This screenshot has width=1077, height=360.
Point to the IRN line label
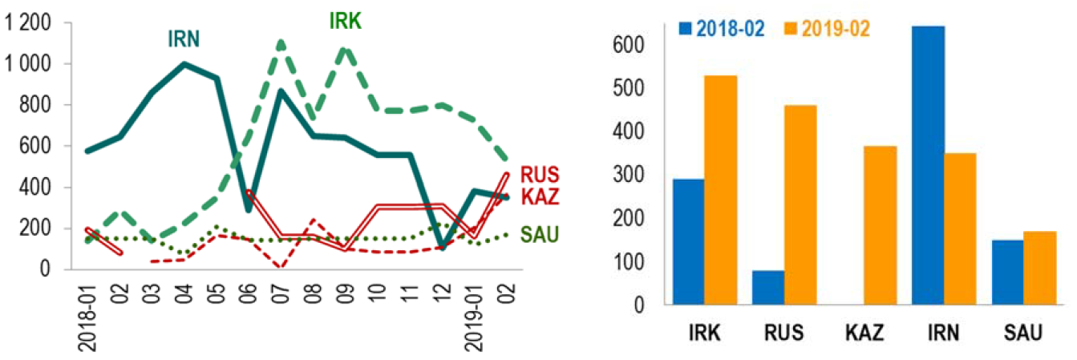click(x=184, y=38)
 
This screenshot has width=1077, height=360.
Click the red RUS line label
click(x=540, y=174)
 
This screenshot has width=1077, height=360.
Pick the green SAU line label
click(x=539, y=234)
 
